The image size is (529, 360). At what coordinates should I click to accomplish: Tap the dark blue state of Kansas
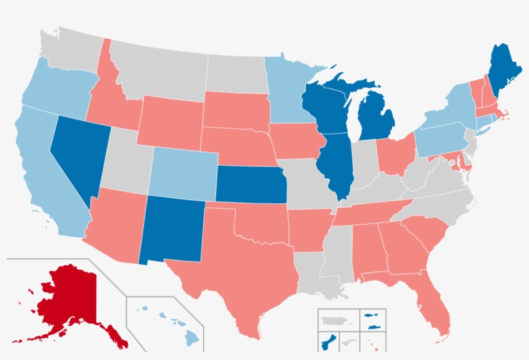pos(248,184)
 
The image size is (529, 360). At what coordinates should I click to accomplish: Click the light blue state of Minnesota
pos(287,90)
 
